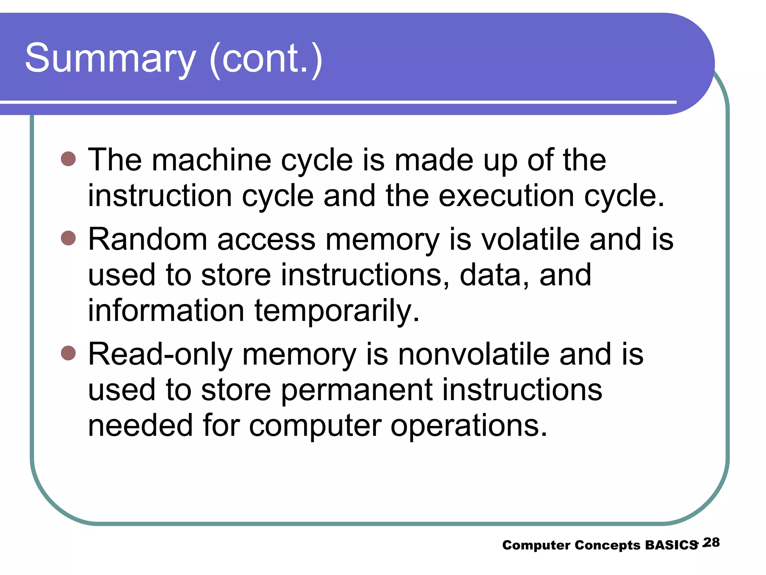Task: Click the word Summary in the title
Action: point(110,59)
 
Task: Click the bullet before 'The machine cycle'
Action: point(68,159)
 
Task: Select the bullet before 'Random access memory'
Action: point(68,238)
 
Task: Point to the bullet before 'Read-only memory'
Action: point(68,353)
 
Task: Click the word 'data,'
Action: point(494,275)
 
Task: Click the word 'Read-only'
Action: point(160,355)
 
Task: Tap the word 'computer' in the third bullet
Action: point(315,426)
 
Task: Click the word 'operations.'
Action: point(469,426)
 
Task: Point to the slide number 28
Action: point(711,542)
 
